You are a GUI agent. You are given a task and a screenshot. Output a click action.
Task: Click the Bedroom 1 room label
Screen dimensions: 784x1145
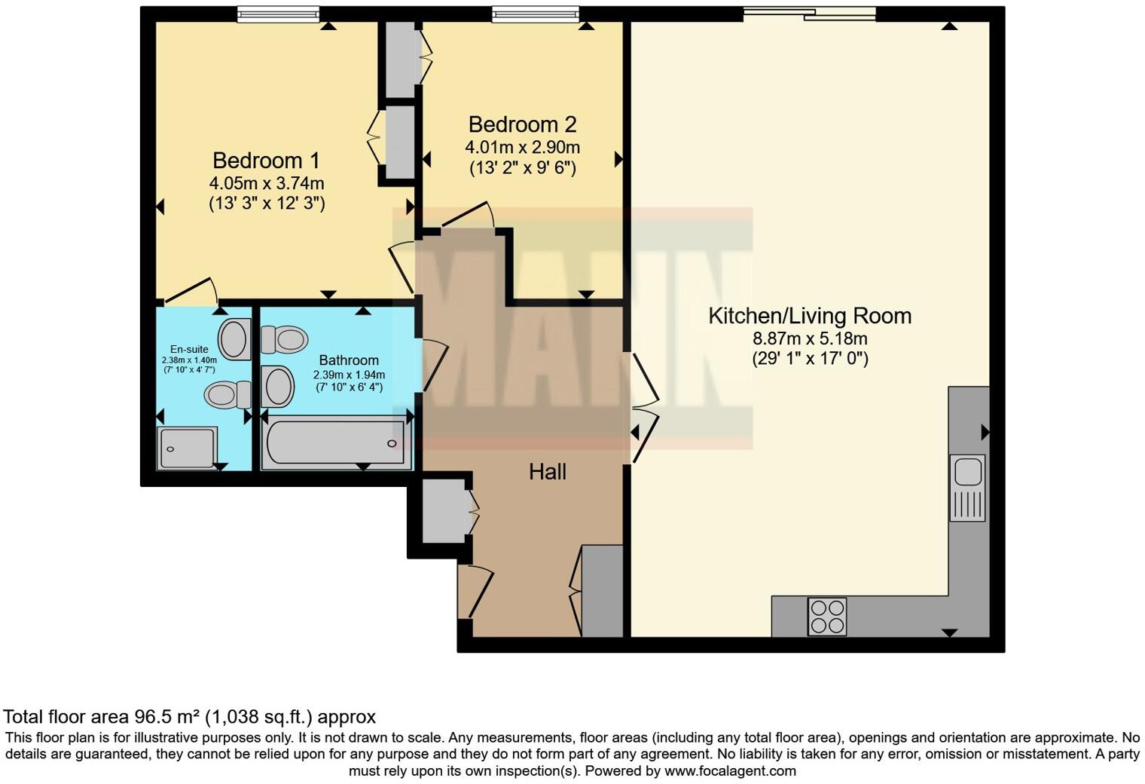(x=266, y=161)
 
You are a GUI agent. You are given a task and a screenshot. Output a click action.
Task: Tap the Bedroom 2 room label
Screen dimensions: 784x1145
(x=522, y=124)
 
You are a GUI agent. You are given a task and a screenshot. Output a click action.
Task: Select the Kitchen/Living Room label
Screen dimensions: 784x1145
(x=810, y=316)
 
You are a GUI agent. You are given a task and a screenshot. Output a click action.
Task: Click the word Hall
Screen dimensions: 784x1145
(x=548, y=472)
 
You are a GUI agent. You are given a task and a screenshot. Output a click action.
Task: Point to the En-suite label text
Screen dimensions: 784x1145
(x=189, y=349)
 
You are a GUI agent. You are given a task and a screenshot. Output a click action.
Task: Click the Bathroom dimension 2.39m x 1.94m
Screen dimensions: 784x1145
(x=349, y=375)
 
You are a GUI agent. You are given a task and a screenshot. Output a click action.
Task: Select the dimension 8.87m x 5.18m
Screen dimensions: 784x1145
(x=810, y=338)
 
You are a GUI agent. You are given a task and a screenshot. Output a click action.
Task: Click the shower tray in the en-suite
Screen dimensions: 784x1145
(x=186, y=449)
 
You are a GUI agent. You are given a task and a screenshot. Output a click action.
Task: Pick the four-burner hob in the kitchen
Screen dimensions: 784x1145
(x=827, y=617)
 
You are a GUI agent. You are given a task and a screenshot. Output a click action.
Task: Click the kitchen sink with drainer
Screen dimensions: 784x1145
(x=967, y=487)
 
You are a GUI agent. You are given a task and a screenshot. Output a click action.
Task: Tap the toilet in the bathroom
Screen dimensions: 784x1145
(x=283, y=339)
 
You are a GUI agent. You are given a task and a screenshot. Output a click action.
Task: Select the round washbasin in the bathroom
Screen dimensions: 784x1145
(x=278, y=386)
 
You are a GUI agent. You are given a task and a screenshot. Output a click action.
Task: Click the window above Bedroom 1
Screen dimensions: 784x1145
(x=277, y=14)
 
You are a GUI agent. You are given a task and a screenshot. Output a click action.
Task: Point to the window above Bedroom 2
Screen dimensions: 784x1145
(x=536, y=14)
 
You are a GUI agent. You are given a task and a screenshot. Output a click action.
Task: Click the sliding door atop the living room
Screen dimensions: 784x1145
(x=810, y=13)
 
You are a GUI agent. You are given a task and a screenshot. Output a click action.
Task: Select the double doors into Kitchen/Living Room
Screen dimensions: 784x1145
(x=644, y=408)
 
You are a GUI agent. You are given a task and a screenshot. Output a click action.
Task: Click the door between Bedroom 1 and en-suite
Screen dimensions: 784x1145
(x=189, y=291)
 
